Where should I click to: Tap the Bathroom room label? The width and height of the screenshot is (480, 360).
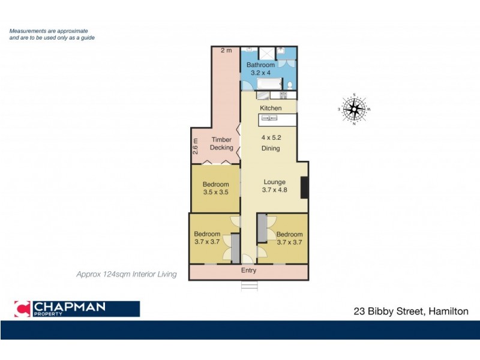pos(262,65)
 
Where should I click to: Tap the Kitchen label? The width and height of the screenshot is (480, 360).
pos(271,108)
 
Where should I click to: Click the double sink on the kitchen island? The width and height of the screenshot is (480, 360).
pos(269,119)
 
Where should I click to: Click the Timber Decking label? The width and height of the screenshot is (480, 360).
pos(221,143)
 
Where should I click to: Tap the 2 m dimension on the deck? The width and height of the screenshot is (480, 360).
pos(226,50)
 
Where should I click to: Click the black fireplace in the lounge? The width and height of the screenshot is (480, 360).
pos(304,187)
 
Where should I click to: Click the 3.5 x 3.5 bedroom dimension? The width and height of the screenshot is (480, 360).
pos(215,193)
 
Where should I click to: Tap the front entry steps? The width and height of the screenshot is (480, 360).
pos(248,286)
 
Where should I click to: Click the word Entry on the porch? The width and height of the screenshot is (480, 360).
pos(248,271)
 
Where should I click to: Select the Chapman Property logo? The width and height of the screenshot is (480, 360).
pos(77,309)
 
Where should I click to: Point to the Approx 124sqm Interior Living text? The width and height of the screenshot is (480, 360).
pos(126,274)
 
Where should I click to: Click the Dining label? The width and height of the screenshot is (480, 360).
pos(271,148)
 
